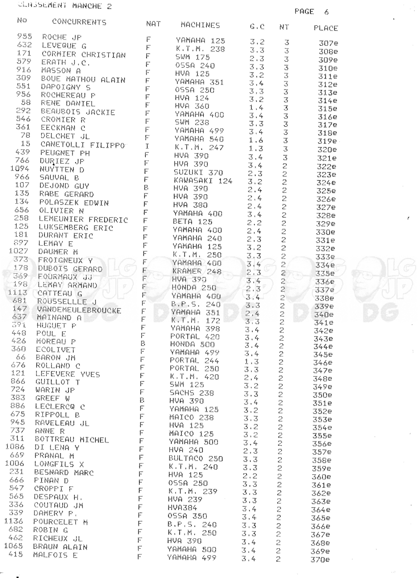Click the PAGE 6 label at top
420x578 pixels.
(x=311, y=12)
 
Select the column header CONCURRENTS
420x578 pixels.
(x=79, y=22)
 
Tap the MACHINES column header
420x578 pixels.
(x=200, y=25)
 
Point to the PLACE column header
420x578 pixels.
(x=325, y=28)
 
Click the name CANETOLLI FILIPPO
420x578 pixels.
(x=83, y=145)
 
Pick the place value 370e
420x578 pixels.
(x=320, y=559)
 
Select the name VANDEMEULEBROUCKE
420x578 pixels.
(x=79, y=310)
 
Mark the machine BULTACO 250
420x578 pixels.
(x=195, y=459)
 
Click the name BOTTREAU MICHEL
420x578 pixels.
(x=71, y=439)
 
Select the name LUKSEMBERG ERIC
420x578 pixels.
(x=76, y=228)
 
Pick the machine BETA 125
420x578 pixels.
(x=192, y=222)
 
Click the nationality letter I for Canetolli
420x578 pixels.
(x=147, y=146)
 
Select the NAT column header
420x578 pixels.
(x=153, y=24)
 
